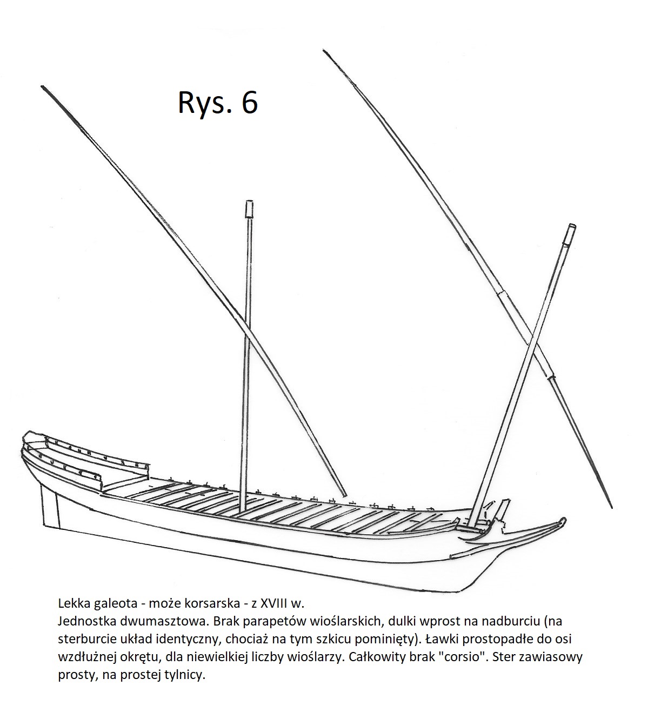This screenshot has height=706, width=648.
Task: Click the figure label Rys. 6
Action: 218,103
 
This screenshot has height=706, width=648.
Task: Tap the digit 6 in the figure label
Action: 250,103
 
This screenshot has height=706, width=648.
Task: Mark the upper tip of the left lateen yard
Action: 42,86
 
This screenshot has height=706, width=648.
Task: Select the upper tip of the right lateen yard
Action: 324,51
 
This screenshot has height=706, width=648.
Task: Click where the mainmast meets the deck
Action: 242,512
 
